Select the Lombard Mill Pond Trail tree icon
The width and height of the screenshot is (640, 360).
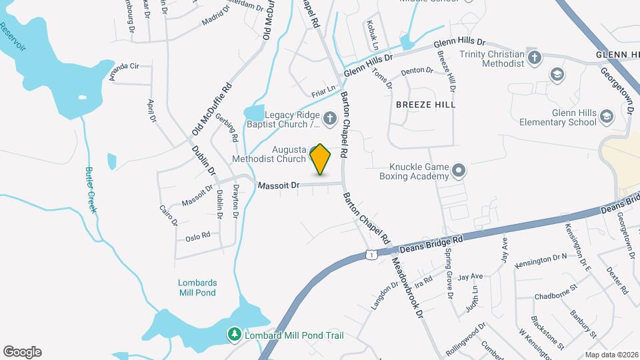tap(234, 334)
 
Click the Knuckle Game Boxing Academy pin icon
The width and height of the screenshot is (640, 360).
tap(458, 171)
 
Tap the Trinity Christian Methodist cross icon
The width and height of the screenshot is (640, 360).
tap(533, 57)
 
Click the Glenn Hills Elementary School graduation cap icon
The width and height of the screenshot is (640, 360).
tap(606, 117)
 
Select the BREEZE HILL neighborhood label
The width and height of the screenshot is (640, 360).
tap(425, 105)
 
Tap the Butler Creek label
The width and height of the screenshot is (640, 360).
tap(91, 189)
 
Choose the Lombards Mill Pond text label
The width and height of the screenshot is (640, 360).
tap(197, 287)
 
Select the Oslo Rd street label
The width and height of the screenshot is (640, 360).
tap(198, 235)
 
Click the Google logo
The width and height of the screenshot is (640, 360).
tap(22, 351)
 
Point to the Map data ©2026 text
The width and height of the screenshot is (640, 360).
tap(611, 355)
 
